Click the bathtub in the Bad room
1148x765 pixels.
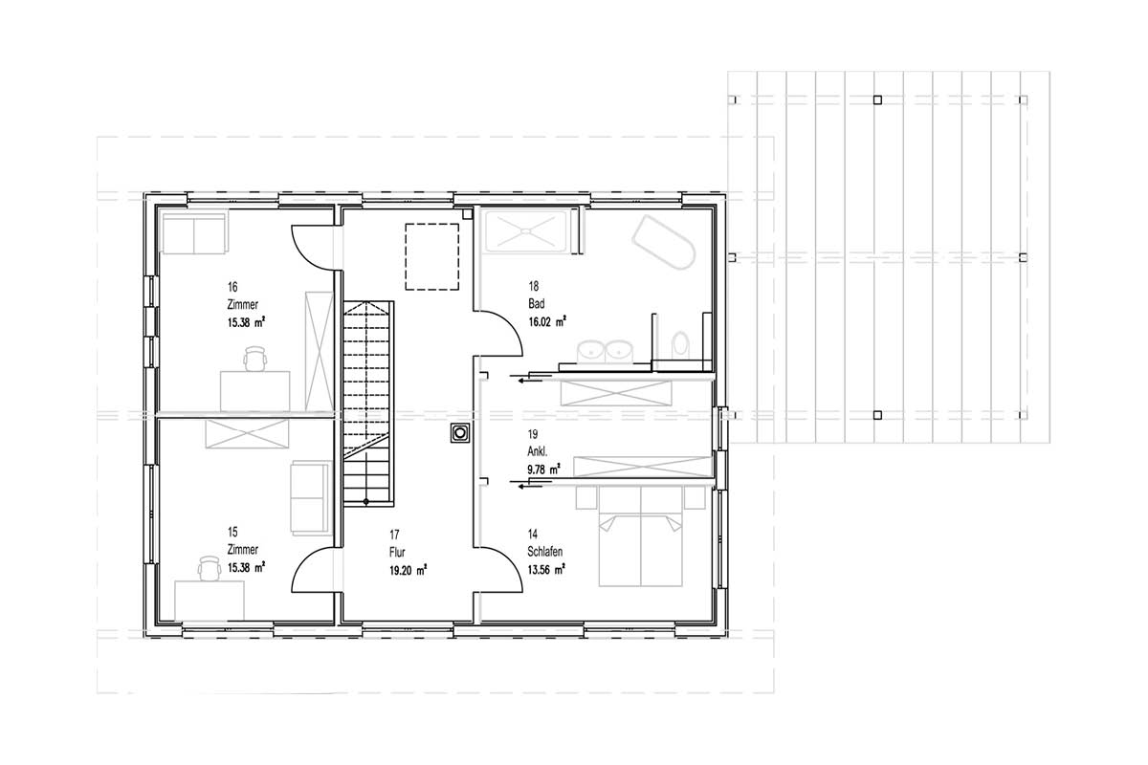663,242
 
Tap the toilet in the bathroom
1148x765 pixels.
680,344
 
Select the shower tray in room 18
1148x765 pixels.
526,231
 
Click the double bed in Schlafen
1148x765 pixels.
641,535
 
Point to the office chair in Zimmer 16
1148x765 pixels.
255,359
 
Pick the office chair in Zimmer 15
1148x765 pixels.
210,568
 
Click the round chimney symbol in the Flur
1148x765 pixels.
460,432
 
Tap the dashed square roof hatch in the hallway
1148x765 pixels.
432,256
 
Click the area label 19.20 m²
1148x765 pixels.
408,570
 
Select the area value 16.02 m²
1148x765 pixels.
547,322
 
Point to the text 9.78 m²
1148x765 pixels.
543,469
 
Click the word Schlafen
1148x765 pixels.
544,552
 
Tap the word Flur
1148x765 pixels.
397,553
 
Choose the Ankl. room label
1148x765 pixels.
537,451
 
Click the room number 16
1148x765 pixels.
232,287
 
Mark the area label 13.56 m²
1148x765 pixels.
546,569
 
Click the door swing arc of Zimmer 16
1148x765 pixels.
303,256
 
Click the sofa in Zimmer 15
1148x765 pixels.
310,498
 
